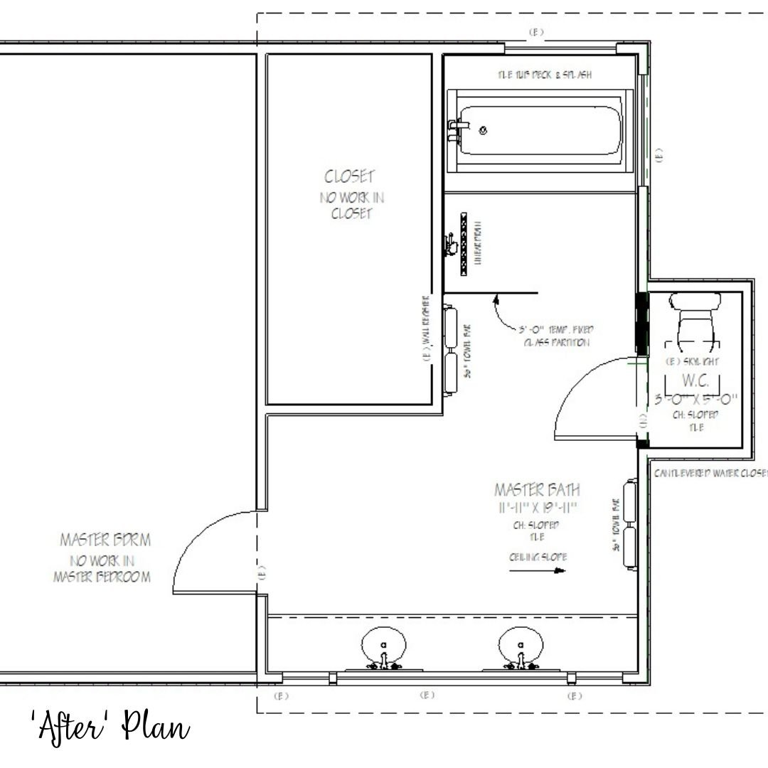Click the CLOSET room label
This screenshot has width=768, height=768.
(x=349, y=176)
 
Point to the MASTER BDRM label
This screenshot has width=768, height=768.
(x=105, y=540)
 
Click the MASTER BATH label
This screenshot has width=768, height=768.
(x=537, y=490)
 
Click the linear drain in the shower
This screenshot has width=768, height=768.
(x=464, y=243)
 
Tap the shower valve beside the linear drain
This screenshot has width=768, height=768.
(x=449, y=245)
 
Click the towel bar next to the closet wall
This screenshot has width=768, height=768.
(x=450, y=350)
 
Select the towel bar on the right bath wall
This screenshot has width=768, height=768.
(x=629, y=523)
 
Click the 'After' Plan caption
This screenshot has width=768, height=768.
(x=111, y=727)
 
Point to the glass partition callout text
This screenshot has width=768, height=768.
(x=555, y=336)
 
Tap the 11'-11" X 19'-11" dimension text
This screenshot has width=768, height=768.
(x=537, y=508)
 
